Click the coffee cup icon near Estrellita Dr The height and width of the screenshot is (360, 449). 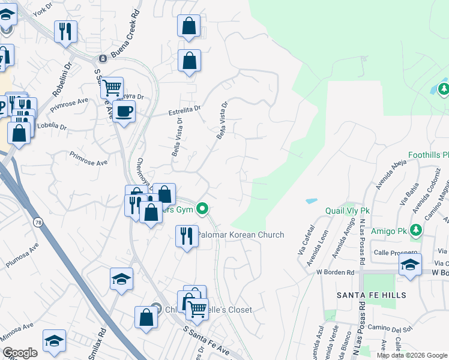click(x=124, y=111)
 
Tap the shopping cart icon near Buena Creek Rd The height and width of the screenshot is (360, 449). click(x=112, y=88)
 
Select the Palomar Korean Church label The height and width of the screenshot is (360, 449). click(x=241, y=235)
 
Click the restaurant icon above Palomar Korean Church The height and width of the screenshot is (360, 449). click(x=187, y=236)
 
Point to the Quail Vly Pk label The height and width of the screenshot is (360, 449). click(x=348, y=211)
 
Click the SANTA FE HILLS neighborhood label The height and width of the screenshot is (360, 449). click(x=372, y=295)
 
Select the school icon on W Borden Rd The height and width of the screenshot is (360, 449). click(x=410, y=265)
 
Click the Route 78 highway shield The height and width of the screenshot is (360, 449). click(x=39, y=223)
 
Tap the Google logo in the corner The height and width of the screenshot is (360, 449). click(x=20, y=353)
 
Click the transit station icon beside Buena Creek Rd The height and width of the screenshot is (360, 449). click(x=103, y=59)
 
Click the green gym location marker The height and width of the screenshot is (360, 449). click(x=203, y=209)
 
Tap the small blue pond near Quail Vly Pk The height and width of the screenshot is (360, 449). click(x=312, y=200)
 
